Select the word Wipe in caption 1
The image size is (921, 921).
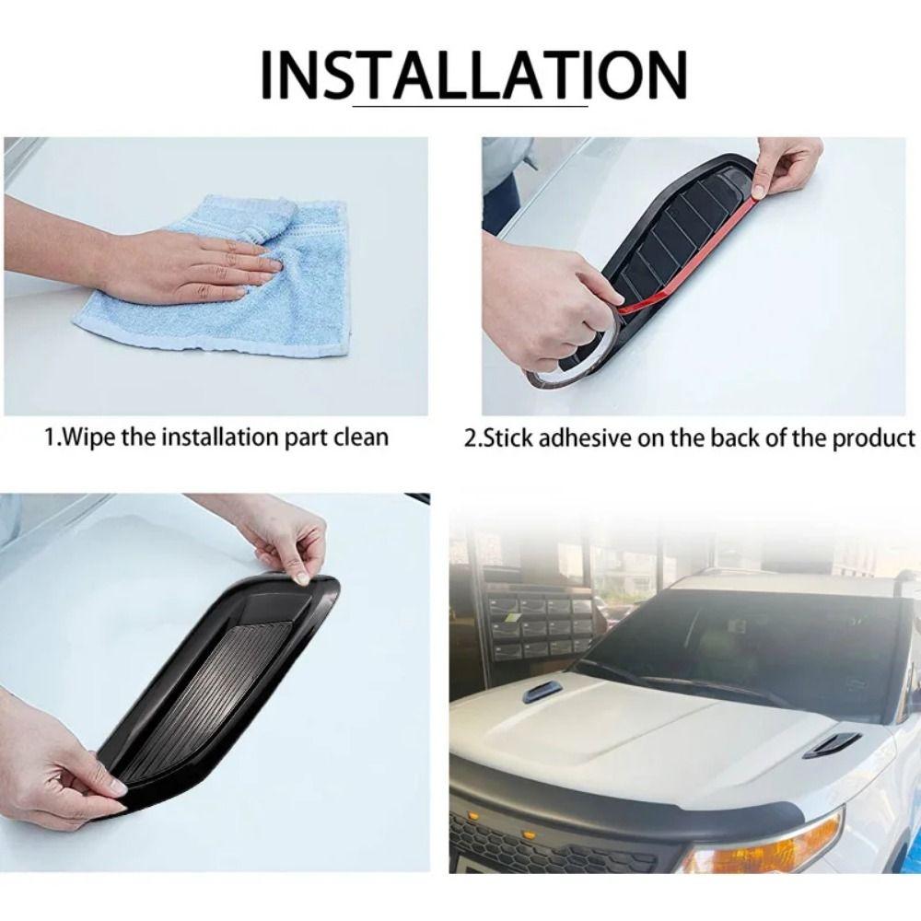click(x=88, y=437)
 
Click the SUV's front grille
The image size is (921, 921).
click(x=553, y=843)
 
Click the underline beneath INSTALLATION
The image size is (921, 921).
click(x=470, y=108)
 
